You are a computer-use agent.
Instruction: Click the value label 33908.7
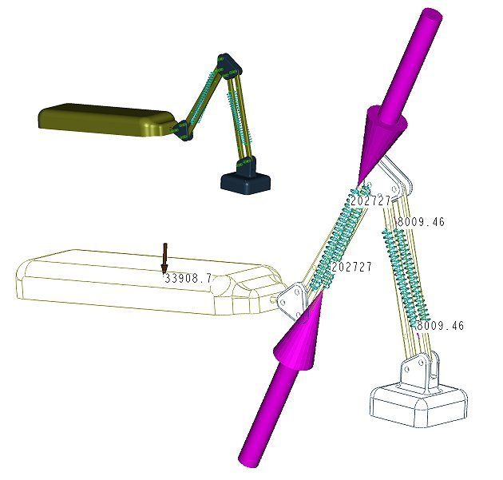point(188,279)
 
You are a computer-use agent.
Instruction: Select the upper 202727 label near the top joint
point(370,200)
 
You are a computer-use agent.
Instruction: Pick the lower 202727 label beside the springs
point(351,267)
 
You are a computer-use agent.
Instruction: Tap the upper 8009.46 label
point(421,222)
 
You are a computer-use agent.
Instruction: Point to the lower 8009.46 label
point(440,326)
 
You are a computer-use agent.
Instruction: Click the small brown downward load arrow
point(165,258)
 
